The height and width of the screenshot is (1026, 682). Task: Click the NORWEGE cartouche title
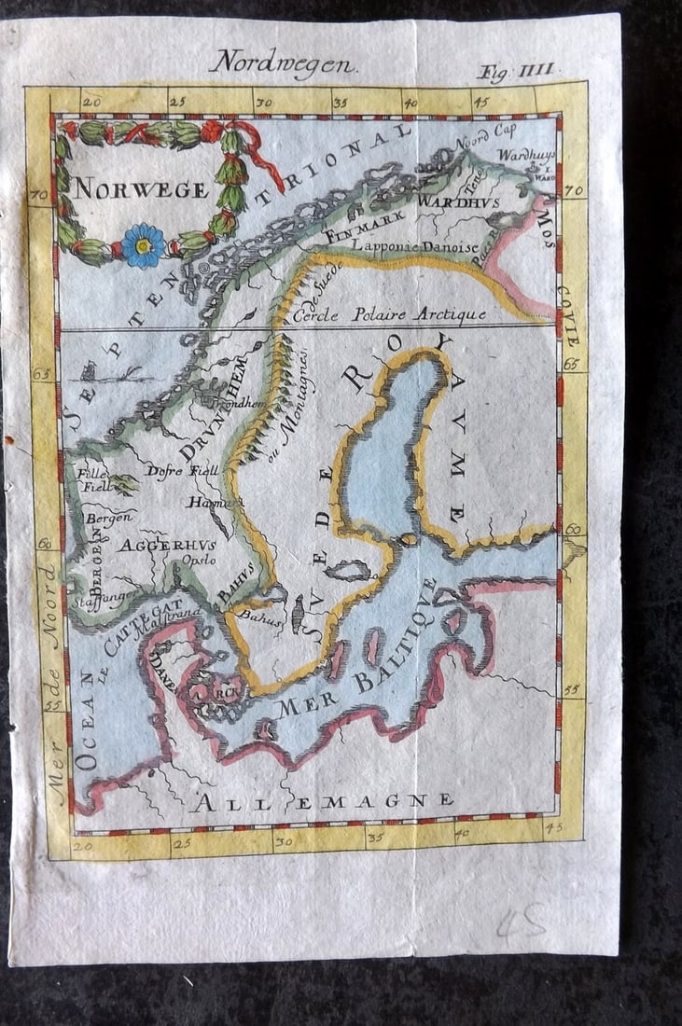click(x=141, y=189)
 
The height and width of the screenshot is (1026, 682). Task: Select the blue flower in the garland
click(x=143, y=245)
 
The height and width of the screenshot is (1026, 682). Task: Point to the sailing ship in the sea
click(x=89, y=372)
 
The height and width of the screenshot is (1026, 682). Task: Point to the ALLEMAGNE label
click(x=322, y=801)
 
